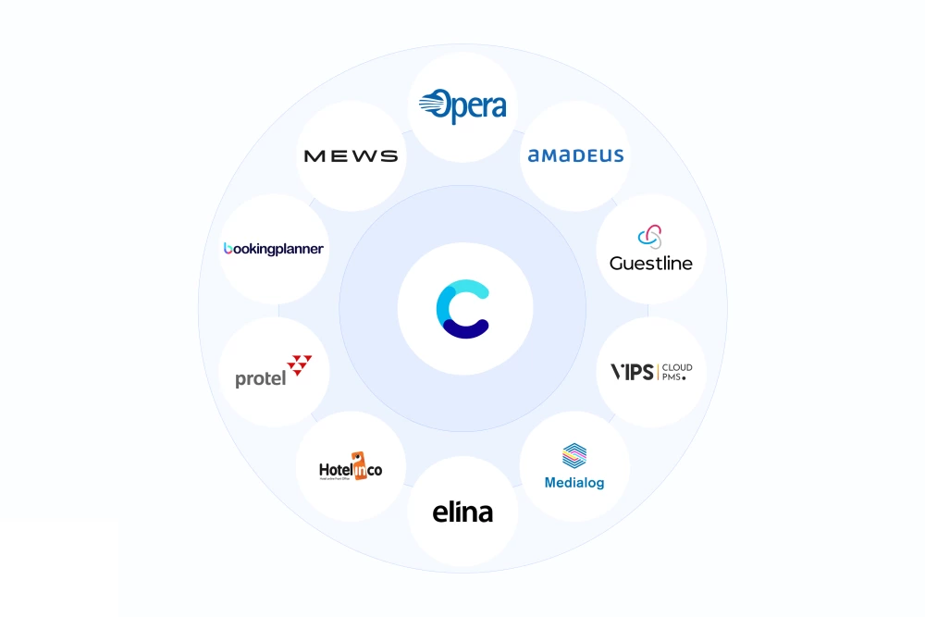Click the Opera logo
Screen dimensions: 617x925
[x=462, y=106]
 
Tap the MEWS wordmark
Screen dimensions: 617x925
[x=351, y=155]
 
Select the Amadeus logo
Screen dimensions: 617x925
[x=575, y=155]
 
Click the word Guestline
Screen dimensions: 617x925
[x=651, y=264]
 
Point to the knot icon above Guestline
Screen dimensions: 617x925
[x=651, y=237]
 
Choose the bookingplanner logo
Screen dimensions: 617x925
[x=274, y=249]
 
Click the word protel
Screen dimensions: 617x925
[x=260, y=379]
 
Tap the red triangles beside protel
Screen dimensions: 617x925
[x=300, y=364]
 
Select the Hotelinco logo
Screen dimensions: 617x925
[x=351, y=467]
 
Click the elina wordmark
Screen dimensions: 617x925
[x=462, y=512]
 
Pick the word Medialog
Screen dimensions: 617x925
[x=574, y=483]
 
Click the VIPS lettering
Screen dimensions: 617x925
[x=632, y=372]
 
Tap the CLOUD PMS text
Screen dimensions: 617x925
[x=676, y=372]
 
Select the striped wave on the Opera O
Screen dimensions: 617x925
[x=431, y=105]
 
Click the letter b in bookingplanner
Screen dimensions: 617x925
[x=228, y=248]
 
